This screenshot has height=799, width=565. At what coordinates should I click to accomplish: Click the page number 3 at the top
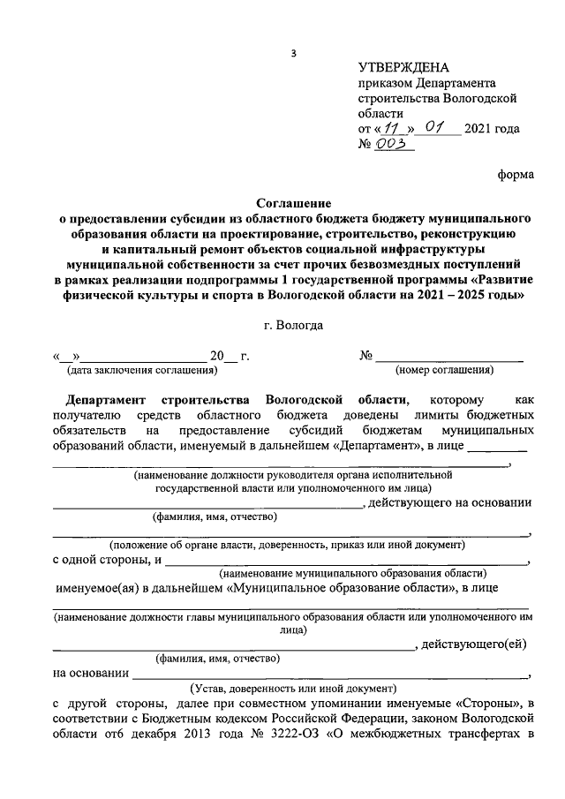[x=293, y=55]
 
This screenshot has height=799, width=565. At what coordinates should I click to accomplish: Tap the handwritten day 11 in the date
[x=385, y=128]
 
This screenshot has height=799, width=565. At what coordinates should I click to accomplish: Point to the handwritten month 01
[x=433, y=127]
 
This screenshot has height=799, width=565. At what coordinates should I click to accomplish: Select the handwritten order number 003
[x=393, y=145]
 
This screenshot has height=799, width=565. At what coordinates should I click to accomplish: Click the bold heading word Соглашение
[x=294, y=201]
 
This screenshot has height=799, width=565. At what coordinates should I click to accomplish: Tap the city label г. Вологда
[x=293, y=326]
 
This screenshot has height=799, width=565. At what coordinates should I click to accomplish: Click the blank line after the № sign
[x=450, y=357]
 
